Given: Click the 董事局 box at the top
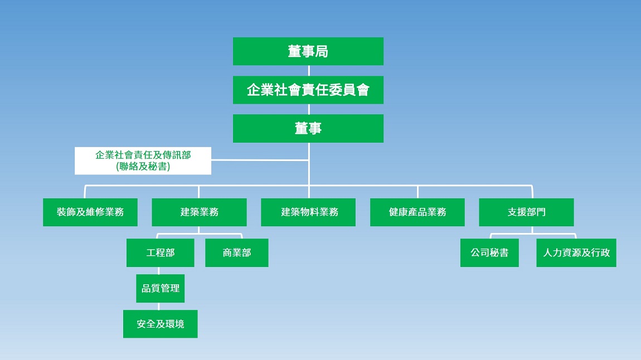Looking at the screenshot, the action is (x=308, y=51).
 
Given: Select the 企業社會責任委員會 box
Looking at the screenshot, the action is (x=308, y=90).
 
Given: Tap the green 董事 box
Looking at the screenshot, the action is (x=308, y=129).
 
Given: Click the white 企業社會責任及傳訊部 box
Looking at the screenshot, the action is (x=143, y=160).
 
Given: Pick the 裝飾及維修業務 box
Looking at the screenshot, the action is (x=90, y=212).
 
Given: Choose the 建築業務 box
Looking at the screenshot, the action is (x=199, y=212).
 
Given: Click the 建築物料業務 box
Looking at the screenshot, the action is (x=308, y=212).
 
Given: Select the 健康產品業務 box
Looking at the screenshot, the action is (x=417, y=212).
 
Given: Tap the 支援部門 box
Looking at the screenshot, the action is (x=527, y=212).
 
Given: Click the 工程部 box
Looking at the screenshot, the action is (x=161, y=252).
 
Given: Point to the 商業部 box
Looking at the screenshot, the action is (x=237, y=252).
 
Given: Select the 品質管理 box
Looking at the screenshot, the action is (x=161, y=289).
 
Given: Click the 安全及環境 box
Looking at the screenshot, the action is (x=161, y=324).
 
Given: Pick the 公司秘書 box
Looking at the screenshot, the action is (x=489, y=252).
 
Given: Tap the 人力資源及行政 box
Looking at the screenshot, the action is (x=576, y=252).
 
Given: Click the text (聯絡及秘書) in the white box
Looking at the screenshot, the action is (x=143, y=166).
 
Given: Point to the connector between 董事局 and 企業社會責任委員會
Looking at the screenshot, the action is (x=309, y=71).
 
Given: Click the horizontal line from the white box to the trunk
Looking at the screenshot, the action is (x=260, y=160).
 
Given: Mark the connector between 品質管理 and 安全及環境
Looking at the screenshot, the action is (x=159, y=306).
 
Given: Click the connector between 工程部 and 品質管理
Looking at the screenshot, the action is (x=159, y=270).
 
